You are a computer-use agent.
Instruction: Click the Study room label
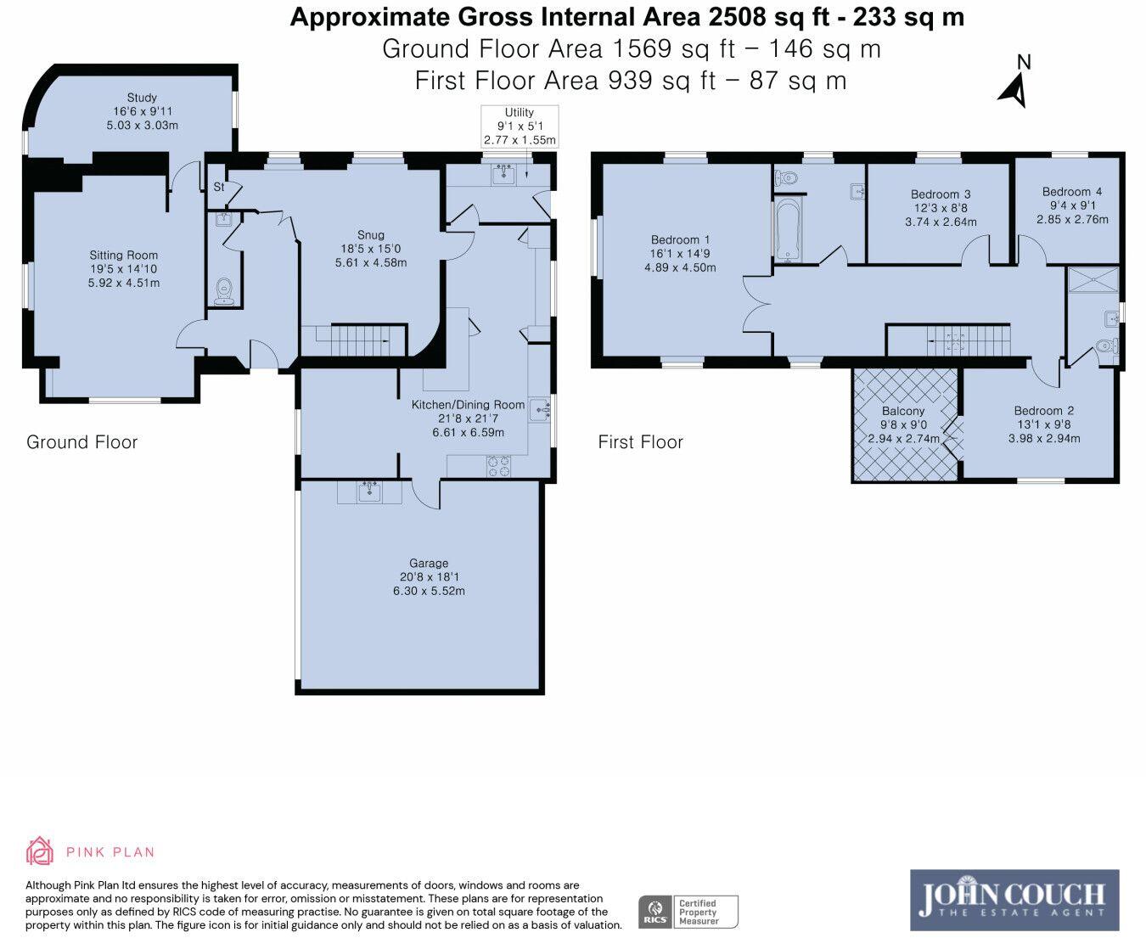142,98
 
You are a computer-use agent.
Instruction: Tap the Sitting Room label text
124,255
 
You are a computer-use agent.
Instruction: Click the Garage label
429,563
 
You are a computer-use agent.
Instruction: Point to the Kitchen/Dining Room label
468,405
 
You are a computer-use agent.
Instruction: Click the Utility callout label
520,112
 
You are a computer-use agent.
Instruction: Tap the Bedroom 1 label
680,240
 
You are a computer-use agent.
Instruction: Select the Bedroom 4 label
1072,192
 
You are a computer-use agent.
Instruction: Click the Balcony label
903,411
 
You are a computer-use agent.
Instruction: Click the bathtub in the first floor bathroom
787,228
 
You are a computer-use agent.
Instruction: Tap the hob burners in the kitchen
497,465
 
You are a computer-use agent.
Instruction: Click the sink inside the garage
369,491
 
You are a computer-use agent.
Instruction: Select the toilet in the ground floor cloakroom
224,289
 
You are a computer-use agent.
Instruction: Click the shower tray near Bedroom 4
1093,280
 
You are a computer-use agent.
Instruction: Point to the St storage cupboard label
218,187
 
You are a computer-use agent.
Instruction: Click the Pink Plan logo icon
40,851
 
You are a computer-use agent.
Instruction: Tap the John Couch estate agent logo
1014,900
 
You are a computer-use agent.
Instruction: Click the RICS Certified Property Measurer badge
688,913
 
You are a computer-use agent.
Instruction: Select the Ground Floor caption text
81,442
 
